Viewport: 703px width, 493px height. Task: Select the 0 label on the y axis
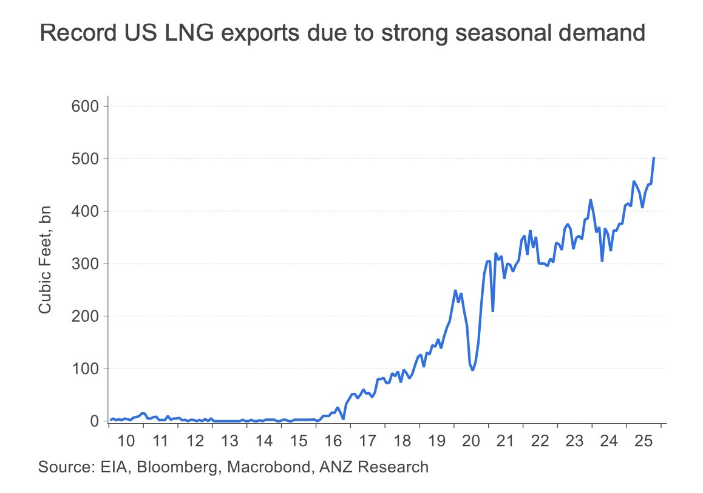pyautogui.click(x=95, y=421)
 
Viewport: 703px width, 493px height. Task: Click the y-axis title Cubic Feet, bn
pyautogui.click(x=45, y=260)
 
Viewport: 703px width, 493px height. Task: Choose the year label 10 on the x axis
pyautogui.click(x=126, y=440)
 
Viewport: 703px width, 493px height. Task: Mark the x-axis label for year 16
pyautogui.click(x=334, y=440)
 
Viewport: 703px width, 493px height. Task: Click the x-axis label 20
pyautogui.click(x=472, y=440)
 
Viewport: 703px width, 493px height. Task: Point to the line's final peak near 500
pyautogui.click(x=654, y=158)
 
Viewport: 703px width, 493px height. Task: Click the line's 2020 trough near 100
pyautogui.click(x=472, y=370)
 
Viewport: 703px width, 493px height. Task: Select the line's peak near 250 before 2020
pyautogui.click(x=455, y=290)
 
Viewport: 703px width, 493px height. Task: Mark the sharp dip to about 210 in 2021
pyautogui.click(x=493, y=311)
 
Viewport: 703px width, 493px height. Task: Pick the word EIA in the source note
pyautogui.click(x=103, y=467)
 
